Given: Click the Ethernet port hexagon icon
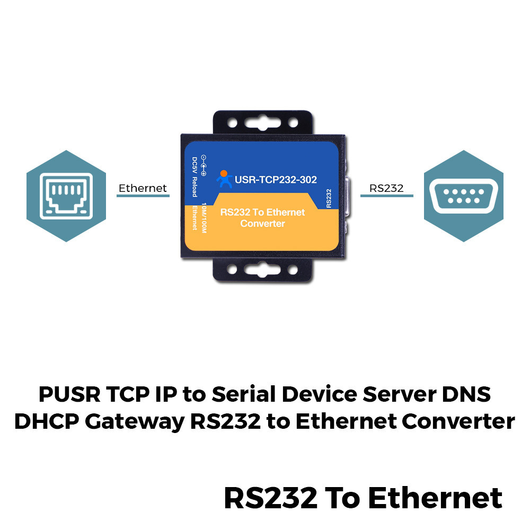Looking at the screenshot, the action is point(66,196).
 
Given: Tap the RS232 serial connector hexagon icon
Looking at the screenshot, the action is point(464,196).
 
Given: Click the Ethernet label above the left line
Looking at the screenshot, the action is point(143,188).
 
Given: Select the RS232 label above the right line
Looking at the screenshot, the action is point(386,188).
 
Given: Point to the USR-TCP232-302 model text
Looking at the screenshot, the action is point(276,180).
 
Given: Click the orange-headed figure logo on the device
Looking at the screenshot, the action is point(224,179).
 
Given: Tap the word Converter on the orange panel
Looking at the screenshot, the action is point(263,224).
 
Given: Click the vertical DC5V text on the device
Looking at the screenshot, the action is point(195,165).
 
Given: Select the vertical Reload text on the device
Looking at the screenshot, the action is point(195,187).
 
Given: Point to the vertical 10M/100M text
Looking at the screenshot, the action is point(204,218).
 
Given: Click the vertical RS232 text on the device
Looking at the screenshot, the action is point(329,198).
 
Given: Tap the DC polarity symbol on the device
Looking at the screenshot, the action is point(204,165).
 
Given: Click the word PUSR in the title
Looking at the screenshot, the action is point(69,394).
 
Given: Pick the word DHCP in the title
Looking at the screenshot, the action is point(47,421).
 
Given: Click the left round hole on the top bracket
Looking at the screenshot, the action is point(232,122).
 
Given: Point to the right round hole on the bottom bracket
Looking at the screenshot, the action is point(293,270).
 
